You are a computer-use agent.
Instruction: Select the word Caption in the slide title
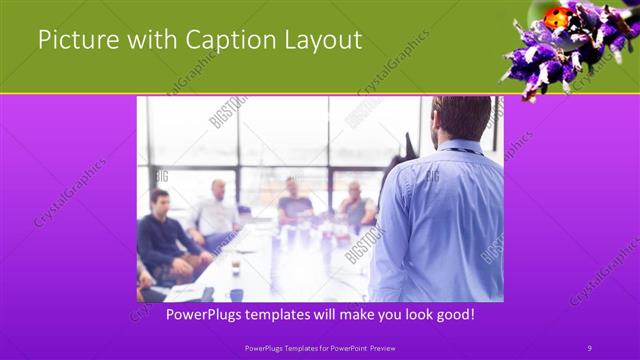click(221, 40)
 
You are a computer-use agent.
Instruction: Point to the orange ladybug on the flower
click(555, 17)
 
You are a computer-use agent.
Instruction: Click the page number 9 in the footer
click(589, 347)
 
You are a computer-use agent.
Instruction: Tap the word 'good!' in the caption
click(453, 315)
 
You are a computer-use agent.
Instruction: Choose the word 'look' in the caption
click(412, 315)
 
